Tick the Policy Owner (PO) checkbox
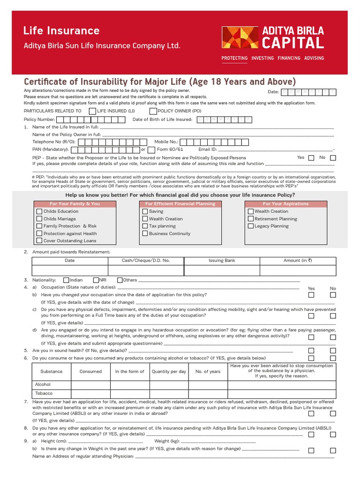coord(153,111)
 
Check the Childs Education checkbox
coord(39,211)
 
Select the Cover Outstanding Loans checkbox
coord(39,241)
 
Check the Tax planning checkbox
coord(145,226)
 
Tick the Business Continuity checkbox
coord(145,233)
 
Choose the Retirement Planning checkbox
coord(250,219)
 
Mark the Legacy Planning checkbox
coord(250,226)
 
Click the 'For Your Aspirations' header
coord(285,204)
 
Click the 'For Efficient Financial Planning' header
coord(180,204)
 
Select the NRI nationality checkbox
coord(96,280)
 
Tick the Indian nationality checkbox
coord(66,280)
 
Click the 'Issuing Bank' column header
coord(222,260)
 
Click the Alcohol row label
coord(43,384)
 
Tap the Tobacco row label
coord(44,393)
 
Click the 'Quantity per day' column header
coord(169,371)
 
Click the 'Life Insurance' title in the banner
coord(61,31)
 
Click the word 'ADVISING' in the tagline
coord(314,58)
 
